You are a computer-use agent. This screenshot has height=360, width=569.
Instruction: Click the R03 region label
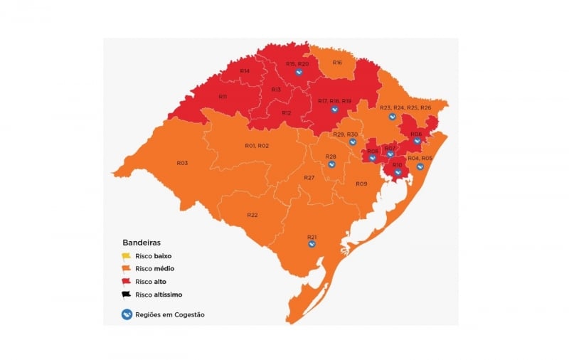click(x=182, y=163)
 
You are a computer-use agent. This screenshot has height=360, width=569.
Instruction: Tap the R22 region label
click(x=252, y=215)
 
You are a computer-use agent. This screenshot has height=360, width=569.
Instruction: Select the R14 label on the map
click(x=245, y=71)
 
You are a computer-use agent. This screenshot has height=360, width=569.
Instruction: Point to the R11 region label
click(x=223, y=97)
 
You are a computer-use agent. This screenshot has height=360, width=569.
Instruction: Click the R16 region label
click(x=337, y=63)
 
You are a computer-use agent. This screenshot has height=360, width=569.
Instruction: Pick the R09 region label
click(x=361, y=184)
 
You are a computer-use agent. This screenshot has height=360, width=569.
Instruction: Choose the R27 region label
click(x=309, y=177)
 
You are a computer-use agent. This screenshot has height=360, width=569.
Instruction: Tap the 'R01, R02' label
click(x=256, y=145)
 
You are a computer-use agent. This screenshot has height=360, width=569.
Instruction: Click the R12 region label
click(x=286, y=113)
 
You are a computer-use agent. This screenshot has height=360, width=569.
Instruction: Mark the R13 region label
click(x=276, y=90)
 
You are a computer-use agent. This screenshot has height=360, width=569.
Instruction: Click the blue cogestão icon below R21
click(x=312, y=244)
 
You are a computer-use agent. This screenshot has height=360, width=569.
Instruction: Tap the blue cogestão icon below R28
click(x=331, y=164)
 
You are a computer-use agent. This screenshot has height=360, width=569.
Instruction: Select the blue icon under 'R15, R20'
click(x=299, y=72)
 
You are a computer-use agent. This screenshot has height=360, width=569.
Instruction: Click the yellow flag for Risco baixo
click(x=126, y=255)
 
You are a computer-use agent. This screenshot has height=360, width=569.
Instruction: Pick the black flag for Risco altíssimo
click(x=126, y=294)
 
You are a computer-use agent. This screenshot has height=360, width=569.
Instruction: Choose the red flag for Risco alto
click(x=126, y=281)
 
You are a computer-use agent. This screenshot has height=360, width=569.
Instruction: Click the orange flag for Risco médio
click(x=126, y=268)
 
